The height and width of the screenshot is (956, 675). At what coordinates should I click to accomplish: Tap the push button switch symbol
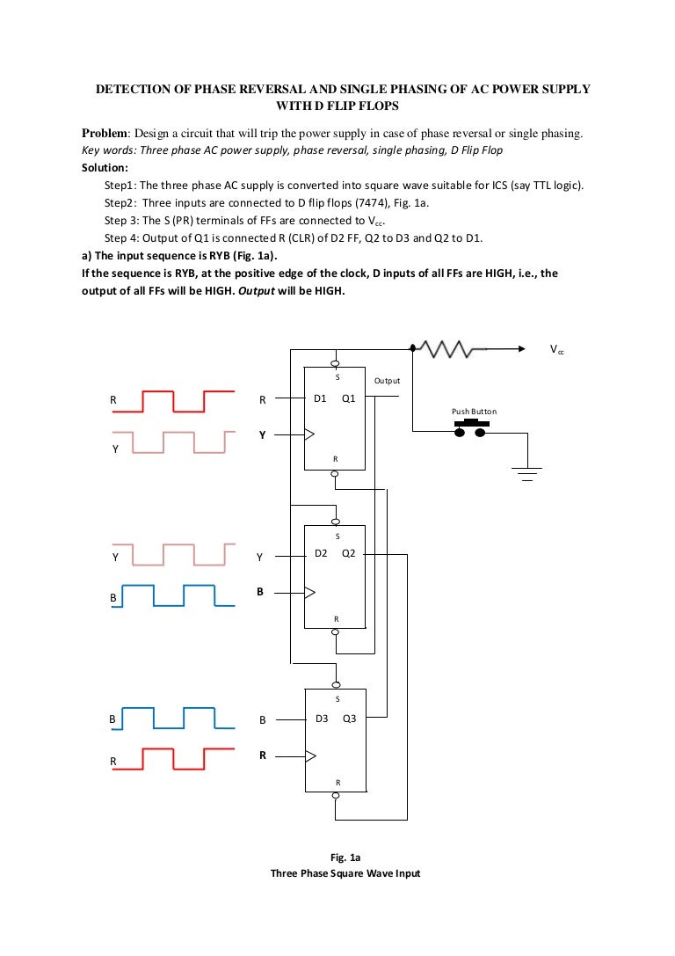pyautogui.click(x=472, y=427)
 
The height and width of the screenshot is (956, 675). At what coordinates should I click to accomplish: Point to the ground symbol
pyautogui.click(x=527, y=476)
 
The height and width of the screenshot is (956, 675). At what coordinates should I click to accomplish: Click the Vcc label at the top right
pyautogui.click(x=557, y=350)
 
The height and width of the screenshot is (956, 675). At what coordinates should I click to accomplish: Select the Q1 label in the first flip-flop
pyautogui.click(x=349, y=398)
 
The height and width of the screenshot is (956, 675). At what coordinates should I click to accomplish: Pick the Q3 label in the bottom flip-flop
pyautogui.click(x=349, y=719)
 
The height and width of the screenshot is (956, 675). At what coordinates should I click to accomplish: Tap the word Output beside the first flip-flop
pyautogui.click(x=387, y=381)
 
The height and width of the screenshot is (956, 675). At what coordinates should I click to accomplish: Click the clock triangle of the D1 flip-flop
pyautogui.click(x=308, y=433)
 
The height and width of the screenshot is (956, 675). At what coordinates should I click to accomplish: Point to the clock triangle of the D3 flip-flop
pyautogui.click(x=308, y=755)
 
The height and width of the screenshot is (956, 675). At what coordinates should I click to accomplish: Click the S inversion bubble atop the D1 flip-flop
pyautogui.click(x=335, y=361)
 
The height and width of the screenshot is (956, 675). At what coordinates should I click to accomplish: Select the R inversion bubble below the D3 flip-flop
pyautogui.click(x=335, y=797)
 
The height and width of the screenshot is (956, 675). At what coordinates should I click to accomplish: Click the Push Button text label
pyautogui.click(x=474, y=412)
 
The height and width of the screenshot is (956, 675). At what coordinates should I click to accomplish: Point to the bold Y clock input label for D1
pyautogui.click(x=261, y=434)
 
